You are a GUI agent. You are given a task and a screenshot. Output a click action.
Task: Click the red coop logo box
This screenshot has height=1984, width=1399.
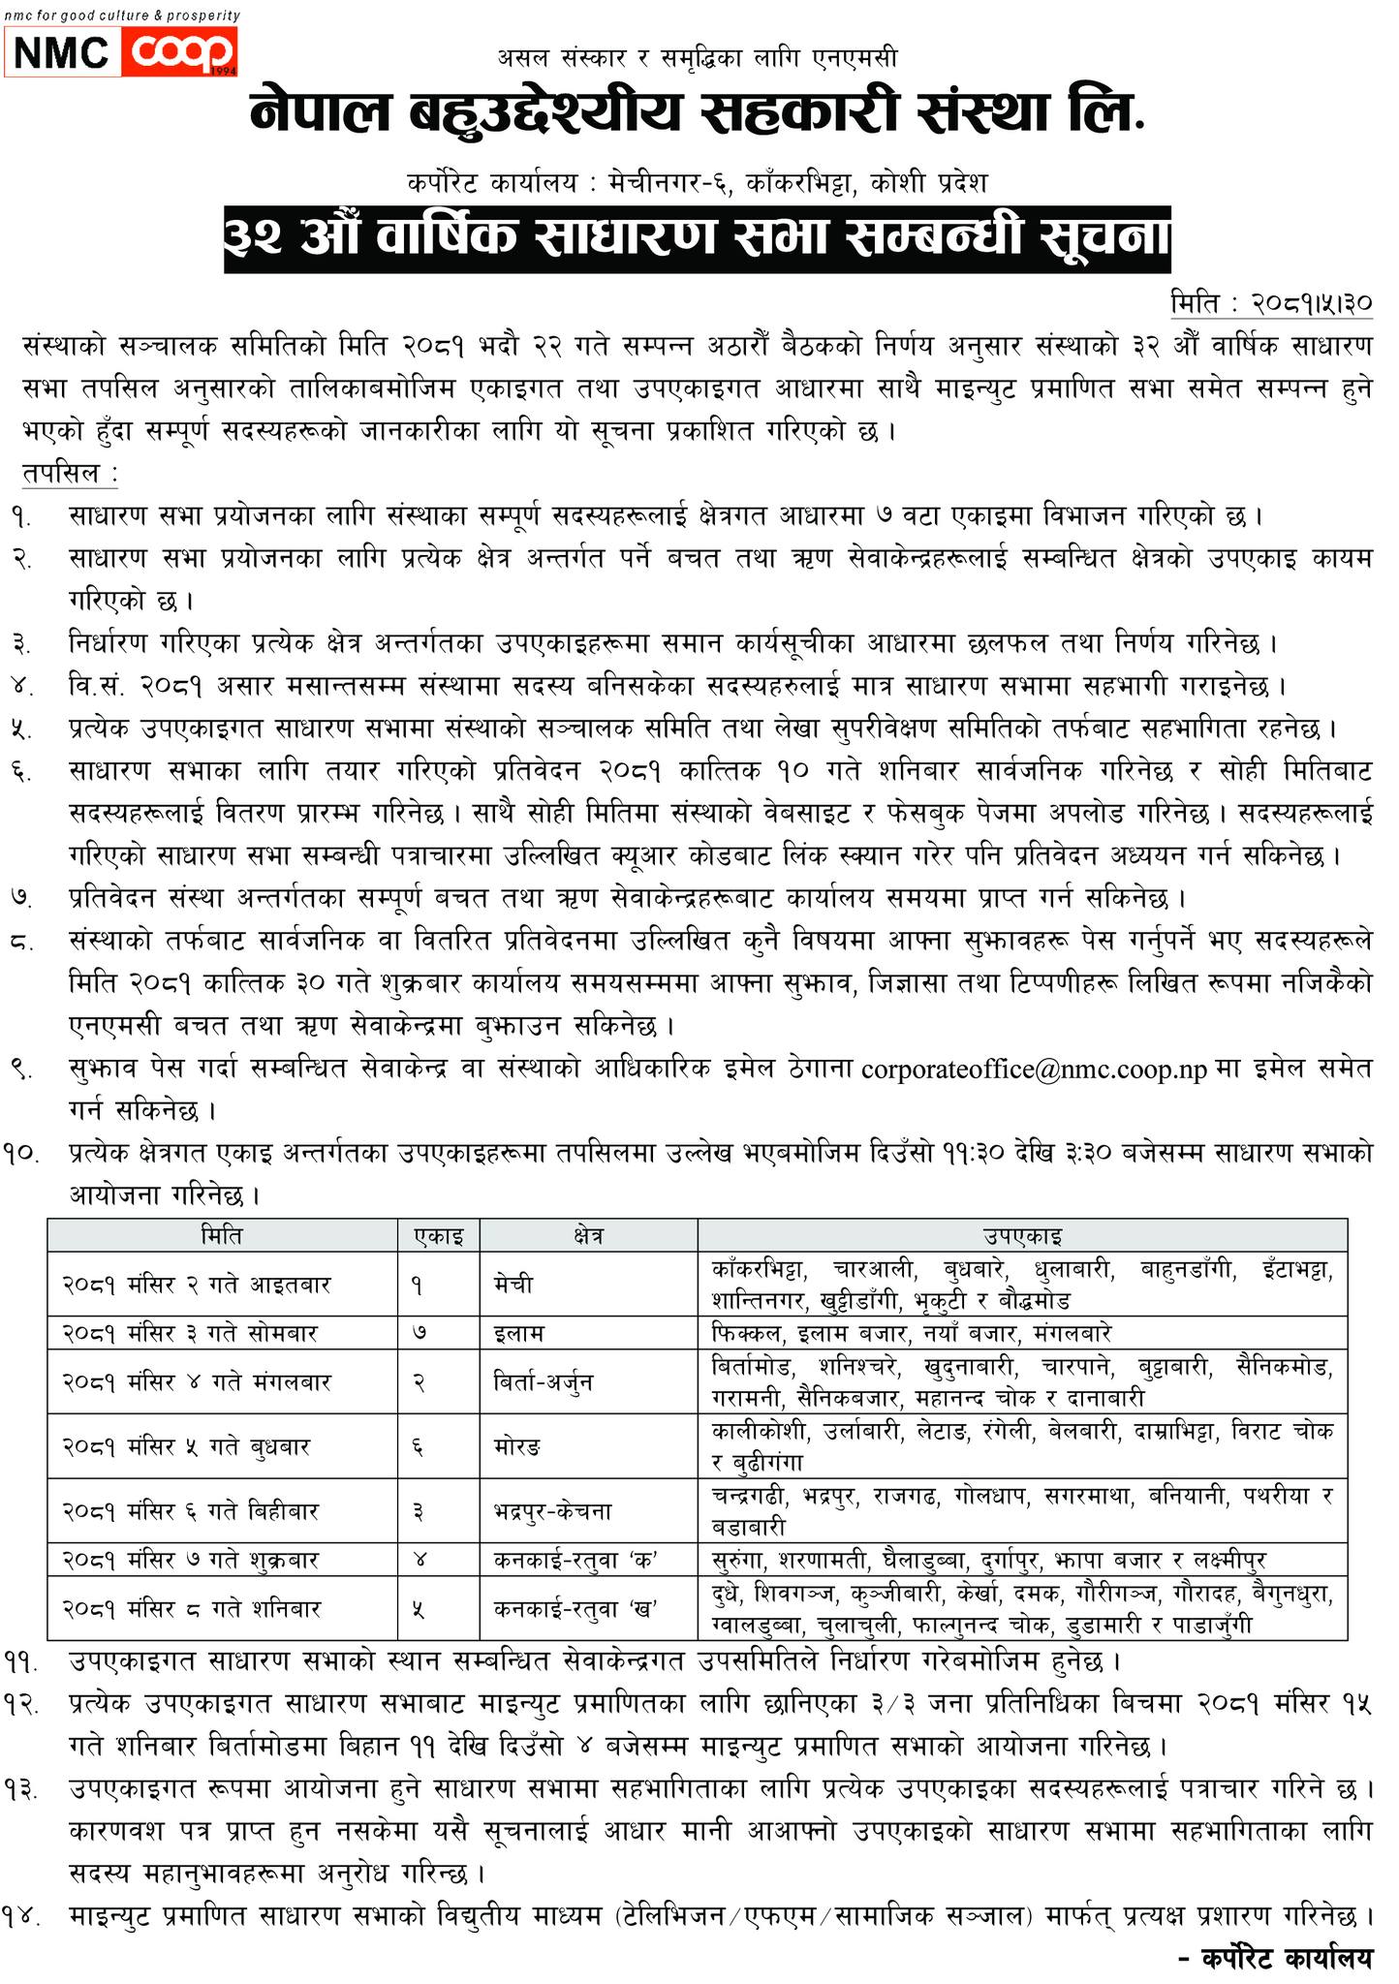click(x=180, y=52)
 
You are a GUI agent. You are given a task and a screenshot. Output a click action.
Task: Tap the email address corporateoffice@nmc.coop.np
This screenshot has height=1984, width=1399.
click(x=1034, y=1069)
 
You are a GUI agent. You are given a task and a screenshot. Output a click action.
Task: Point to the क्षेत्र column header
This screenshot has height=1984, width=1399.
click(x=588, y=1235)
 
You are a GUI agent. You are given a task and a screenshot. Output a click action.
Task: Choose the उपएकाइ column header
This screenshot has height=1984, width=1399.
click(x=1022, y=1235)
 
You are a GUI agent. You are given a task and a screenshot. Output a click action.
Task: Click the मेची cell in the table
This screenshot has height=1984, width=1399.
click(x=513, y=1285)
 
